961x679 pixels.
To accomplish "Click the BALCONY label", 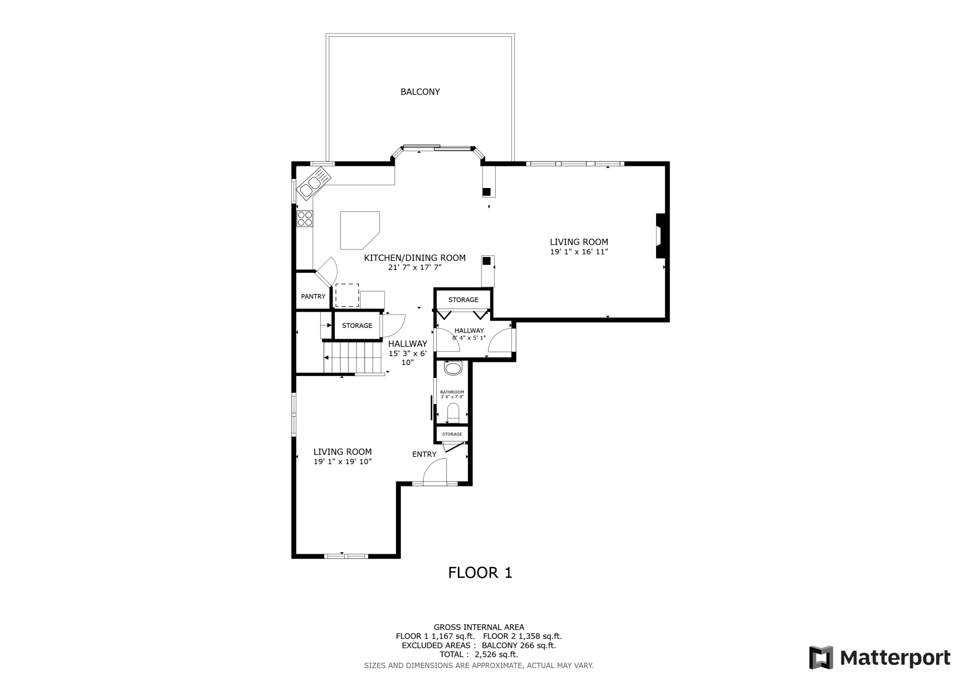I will (420, 92).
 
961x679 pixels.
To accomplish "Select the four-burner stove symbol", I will (305, 218).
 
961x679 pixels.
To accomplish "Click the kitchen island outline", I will (358, 229).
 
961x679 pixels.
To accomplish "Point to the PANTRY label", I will (313, 297).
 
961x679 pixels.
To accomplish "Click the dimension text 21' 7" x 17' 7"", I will (415, 267).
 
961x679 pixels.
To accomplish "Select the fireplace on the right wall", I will (660, 236).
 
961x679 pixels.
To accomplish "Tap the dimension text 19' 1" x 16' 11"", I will (579, 252).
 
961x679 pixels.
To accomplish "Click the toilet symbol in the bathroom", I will (453, 412).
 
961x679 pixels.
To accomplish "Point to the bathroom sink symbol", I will (453, 368).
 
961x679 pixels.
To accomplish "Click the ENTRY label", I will (424, 455).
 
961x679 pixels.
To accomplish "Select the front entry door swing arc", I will (434, 471).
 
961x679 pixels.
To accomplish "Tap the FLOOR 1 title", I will (480, 573).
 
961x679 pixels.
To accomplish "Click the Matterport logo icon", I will (821, 657).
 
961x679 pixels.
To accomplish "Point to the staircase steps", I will (353, 357).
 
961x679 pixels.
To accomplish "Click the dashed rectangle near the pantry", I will (347, 296).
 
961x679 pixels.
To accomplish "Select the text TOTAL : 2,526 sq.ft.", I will (479, 655).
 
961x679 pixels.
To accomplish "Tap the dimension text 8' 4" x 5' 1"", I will (469, 338).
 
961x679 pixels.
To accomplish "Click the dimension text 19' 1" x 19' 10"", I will (342, 462).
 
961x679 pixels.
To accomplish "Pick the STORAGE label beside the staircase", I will (357, 326).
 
